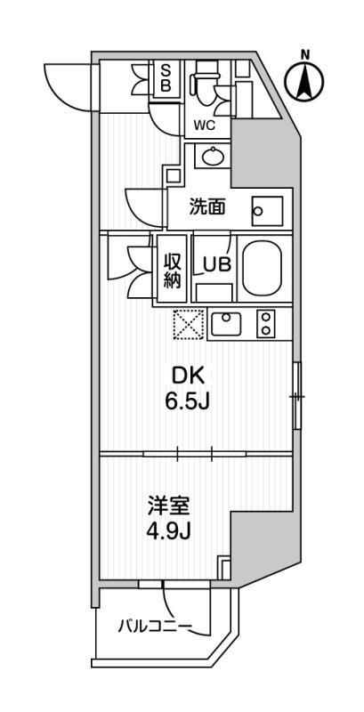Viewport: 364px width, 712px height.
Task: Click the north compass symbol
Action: click(x=304, y=80)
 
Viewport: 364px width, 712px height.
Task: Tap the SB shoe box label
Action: click(x=165, y=78)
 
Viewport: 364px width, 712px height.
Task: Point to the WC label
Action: click(x=205, y=125)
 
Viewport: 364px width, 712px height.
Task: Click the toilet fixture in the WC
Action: click(x=205, y=82)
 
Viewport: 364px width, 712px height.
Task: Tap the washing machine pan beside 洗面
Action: click(x=264, y=209)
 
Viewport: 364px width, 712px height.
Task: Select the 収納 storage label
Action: click(x=172, y=269)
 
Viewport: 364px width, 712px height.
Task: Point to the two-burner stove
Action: click(x=266, y=324)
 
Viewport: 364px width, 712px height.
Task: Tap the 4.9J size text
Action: click(x=172, y=533)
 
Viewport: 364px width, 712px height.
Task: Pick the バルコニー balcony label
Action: click(x=155, y=627)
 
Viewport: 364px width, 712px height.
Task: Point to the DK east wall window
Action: click(x=298, y=395)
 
